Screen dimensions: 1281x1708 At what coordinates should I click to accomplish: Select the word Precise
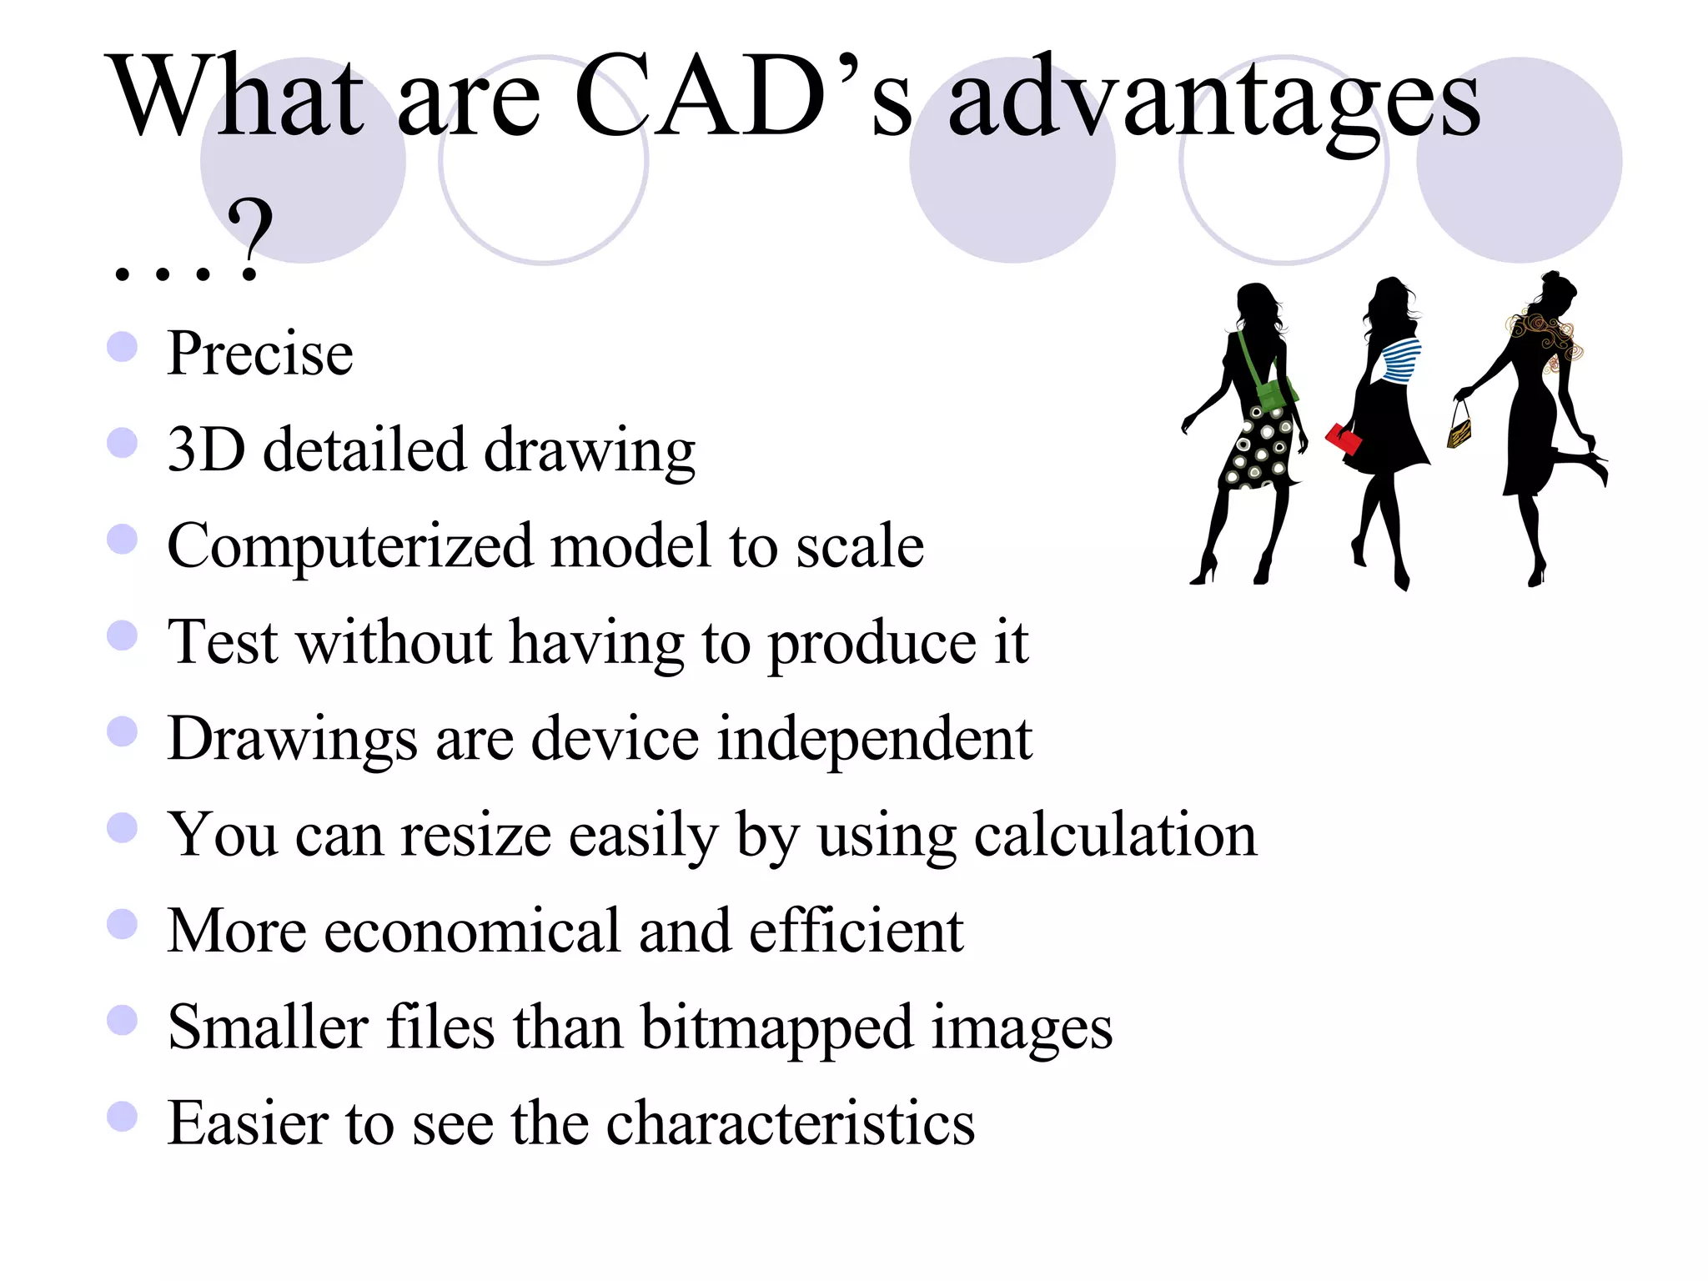259,354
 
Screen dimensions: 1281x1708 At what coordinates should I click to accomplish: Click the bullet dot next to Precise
122,347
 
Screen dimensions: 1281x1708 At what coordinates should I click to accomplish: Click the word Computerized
349,547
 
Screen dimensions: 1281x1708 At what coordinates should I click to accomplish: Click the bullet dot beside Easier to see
122,1117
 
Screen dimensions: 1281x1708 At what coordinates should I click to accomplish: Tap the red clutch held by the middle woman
1343,439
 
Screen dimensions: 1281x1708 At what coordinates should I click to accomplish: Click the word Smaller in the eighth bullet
268,1027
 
